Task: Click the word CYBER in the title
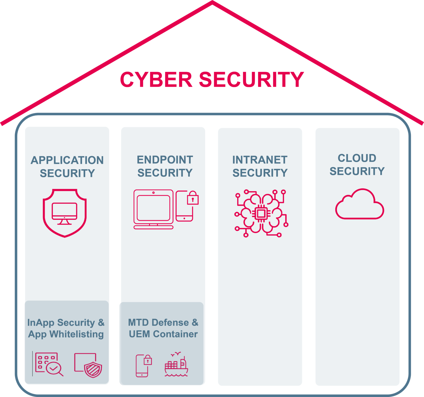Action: [x=156, y=80]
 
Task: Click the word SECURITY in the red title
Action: [x=251, y=80]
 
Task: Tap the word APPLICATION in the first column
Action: [x=67, y=160]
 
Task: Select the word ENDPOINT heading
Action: [x=165, y=160]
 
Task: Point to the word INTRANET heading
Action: [x=260, y=160]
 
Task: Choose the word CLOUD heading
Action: [x=357, y=158]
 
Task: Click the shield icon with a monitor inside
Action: [x=65, y=213]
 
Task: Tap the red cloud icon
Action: [x=360, y=205]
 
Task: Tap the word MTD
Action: [x=139, y=322]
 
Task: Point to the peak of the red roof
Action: [x=212, y=2]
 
